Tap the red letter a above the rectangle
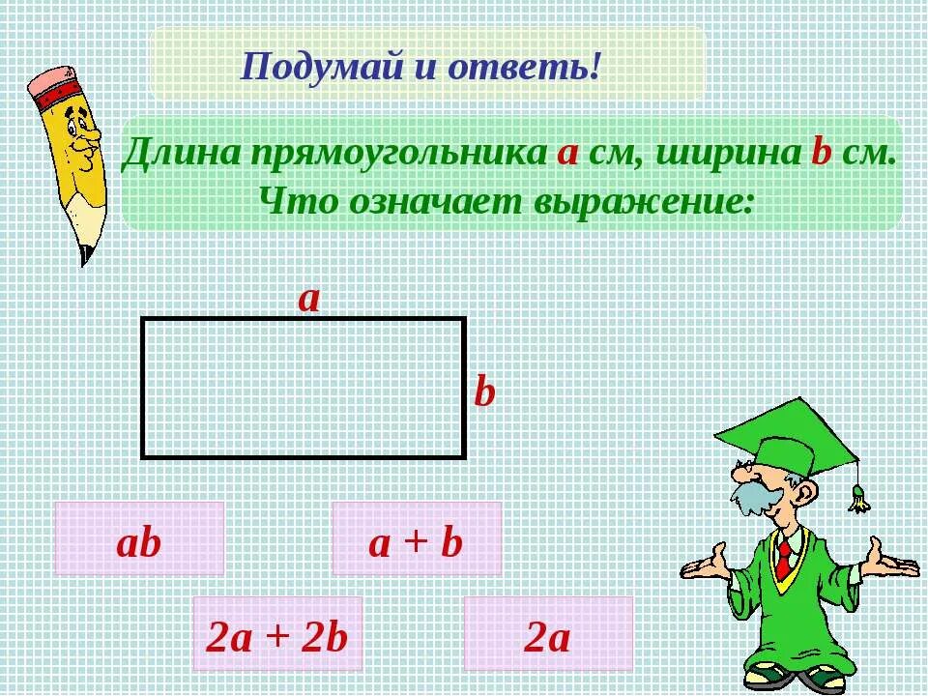pyautogui.click(x=308, y=299)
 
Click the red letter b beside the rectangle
pyautogui.click(x=484, y=392)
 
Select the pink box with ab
pyautogui.click(x=139, y=539)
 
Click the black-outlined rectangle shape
pyautogui.click(x=304, y=388)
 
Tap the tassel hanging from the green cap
pyautogui.click(x=858, y=498)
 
